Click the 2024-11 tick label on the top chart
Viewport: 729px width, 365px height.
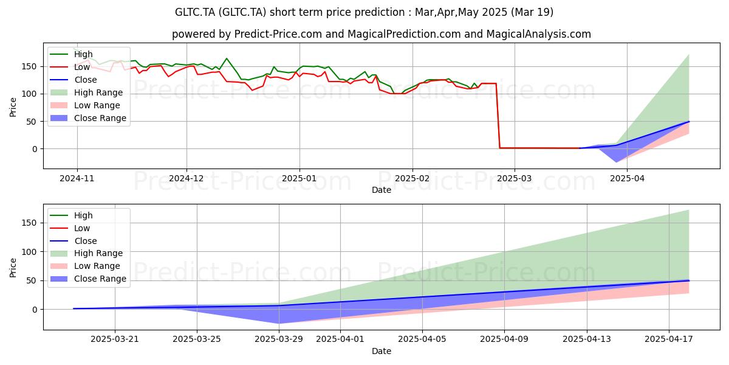pyautogui.click(x=77, y=179)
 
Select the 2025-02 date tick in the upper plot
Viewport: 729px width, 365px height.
pyautogui.click(x=412, y=179)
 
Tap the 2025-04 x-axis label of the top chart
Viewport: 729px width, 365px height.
pyautogui.click(x=627, y=179)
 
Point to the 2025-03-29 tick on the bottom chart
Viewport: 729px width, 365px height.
pyautogui.click(x=279, y=339)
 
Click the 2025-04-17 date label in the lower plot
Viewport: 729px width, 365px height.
pyautogui.click(x=669, y=339)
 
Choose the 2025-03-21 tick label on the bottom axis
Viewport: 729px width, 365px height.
pyautogui.click(x=115, y=339)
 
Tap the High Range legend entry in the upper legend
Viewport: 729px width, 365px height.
pyautogui.click(x=86, y=92)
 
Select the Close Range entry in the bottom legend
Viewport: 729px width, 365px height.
pyautogui.click(x=88, y=279)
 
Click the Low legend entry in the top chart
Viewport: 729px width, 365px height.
pyautogui.click(x=70, y=67)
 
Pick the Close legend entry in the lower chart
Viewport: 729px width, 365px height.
pyautogui.click(x=74, y=241)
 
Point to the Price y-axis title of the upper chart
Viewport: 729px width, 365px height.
pyautogui.click(x=13, y=107)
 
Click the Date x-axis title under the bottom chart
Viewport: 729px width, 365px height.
pyautogui.click(x=382, y=352)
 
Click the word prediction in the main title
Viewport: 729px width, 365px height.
pyautogui.click(x=383, y=12)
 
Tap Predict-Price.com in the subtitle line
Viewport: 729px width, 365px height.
pyautogui.click(x=278, y=34)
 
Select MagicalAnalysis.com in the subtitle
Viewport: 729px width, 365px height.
pyautogui.click(x=539, y=34)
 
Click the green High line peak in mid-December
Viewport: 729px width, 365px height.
pyautogui.click(x=227, y=58)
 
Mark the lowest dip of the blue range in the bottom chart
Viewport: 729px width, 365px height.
pyautogui.click(x=279, y=323)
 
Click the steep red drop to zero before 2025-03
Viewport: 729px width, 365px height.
pyautogui.click(x=498, y=116)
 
